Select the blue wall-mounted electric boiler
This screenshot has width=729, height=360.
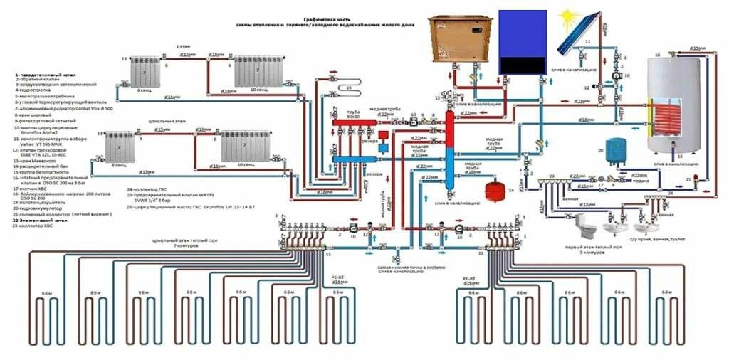pyautogui.click(x=522, y=41)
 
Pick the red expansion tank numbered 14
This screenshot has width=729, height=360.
pyautogui.click(x=492, y=191)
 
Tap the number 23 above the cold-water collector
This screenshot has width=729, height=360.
pyautogui.click(x=551, y=176)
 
